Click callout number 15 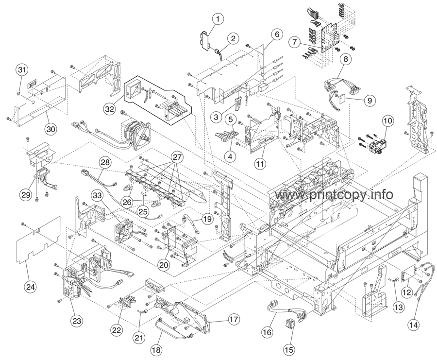click(289, 349)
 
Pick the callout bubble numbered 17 click(234, 320)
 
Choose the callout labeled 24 click(31, 287)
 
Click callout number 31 click(22, 69)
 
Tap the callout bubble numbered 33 click(98, 196)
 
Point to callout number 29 click(25, 195)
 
